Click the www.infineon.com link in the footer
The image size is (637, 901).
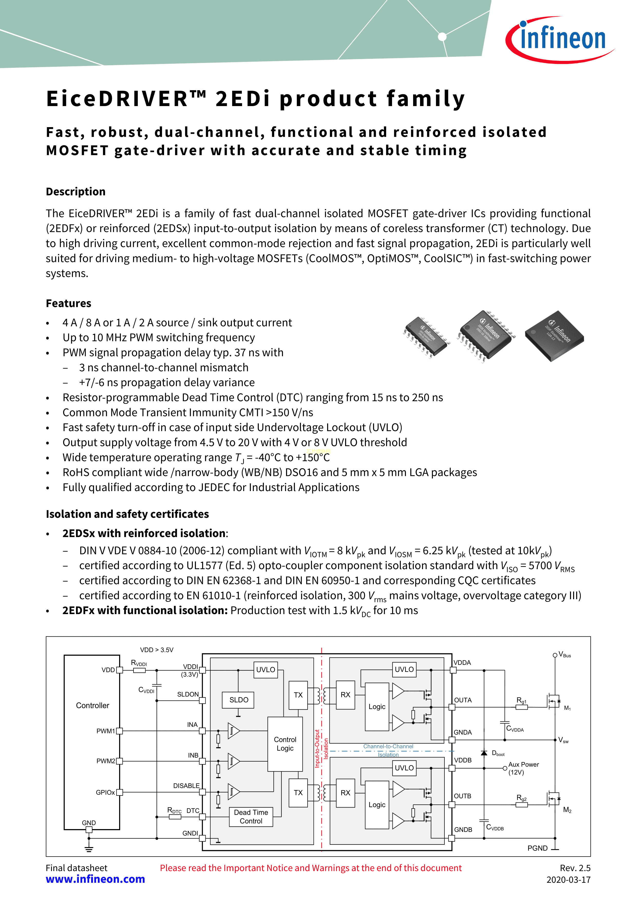coord(95,879)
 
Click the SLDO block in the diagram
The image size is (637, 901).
coord(239,700)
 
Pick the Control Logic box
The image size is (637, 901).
coord(285,744)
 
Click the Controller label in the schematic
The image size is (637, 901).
coord(93,705)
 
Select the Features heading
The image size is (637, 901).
coord(69,303)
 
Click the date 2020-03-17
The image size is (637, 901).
coord(568,880)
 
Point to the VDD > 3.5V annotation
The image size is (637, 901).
coord(157,650)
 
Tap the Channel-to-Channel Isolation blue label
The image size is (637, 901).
coord(388,750)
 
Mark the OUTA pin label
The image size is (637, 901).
coord(463,700)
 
